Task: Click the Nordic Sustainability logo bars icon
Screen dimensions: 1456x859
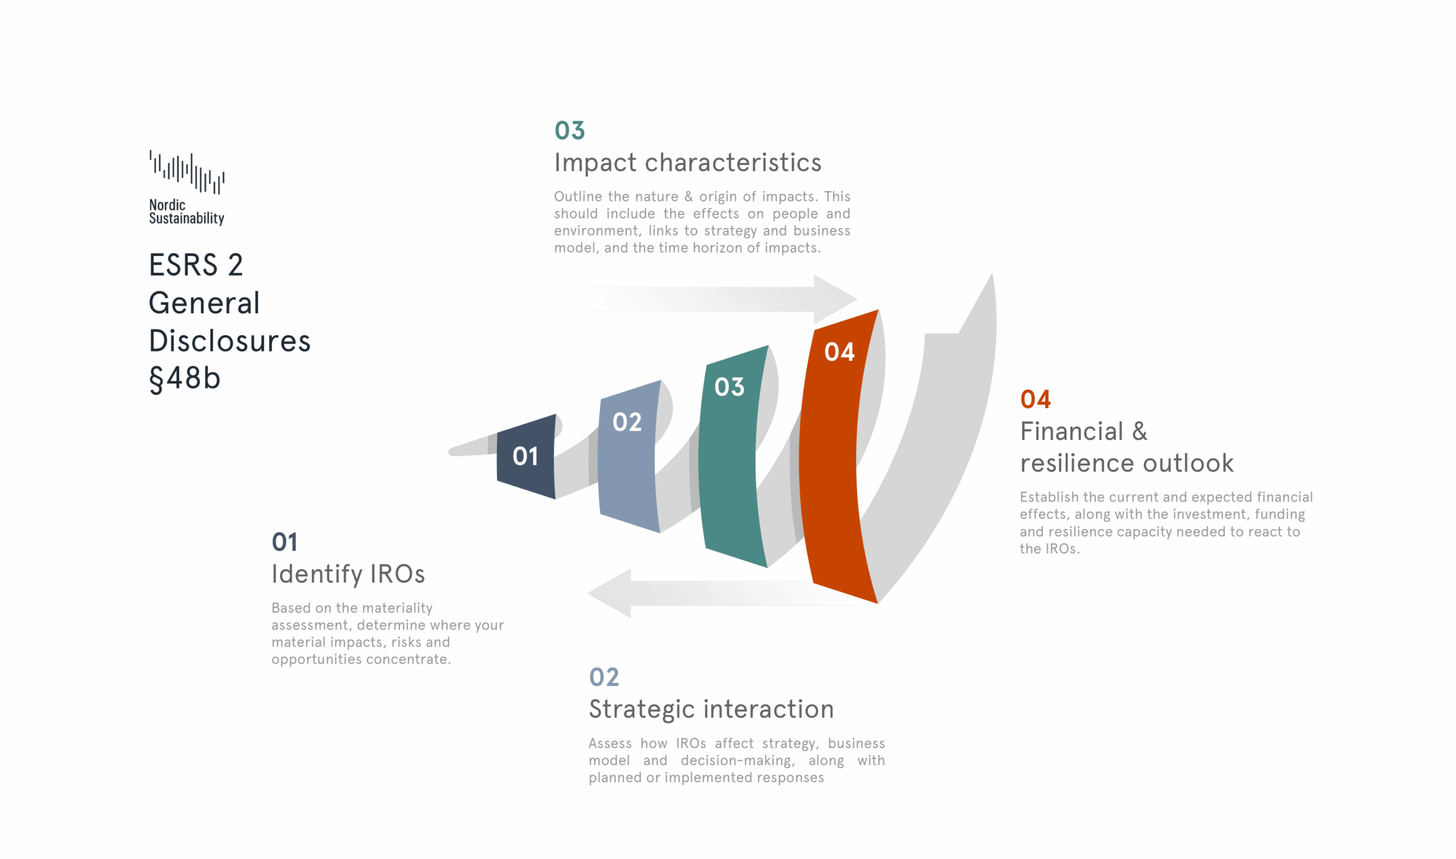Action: coord(187,172)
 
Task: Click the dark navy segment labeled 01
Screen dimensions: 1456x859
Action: coord(526,457)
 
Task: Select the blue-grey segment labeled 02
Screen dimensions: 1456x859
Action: coord(628,456)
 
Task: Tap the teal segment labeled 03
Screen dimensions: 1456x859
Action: coord(732,456)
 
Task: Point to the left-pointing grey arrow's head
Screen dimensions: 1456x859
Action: coord(609,593)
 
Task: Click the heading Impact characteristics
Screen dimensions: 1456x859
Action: coord(688,163)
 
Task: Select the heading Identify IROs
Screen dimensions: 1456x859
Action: coord(348,575)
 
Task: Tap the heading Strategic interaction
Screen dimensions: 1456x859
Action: coord(711,709)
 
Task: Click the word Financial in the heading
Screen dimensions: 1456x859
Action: coord(1071,432)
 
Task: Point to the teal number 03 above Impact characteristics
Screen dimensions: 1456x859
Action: coord(569,131)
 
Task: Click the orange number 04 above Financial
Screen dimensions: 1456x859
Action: coord(1035,399)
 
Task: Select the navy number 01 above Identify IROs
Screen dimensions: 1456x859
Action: coord(284,542)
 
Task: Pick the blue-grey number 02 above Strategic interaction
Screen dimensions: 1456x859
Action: coord(604,677)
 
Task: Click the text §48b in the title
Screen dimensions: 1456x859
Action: coord(185,379)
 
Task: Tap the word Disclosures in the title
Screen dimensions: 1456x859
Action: coord(230,341)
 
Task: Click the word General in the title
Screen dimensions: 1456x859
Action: coord(204,303)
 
